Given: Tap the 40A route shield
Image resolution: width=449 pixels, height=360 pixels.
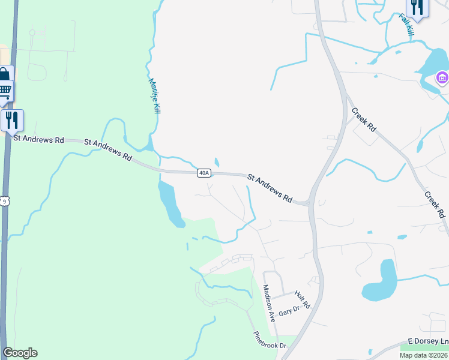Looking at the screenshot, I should pos(204,173).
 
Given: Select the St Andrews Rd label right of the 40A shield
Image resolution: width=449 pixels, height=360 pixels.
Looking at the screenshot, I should pos(270,188).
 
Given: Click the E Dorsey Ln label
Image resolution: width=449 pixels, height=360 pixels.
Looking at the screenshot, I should pos(428,341).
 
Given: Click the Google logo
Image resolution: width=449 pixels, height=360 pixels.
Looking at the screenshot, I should pos(20,352).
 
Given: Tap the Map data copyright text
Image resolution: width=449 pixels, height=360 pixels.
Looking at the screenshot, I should pos(423,355).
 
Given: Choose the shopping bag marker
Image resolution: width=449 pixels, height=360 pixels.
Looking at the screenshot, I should pos(4,76).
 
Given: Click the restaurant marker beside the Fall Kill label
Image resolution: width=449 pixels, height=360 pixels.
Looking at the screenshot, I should pos(417,7).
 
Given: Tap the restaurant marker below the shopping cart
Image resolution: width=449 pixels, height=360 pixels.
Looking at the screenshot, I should pos(12,121).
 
